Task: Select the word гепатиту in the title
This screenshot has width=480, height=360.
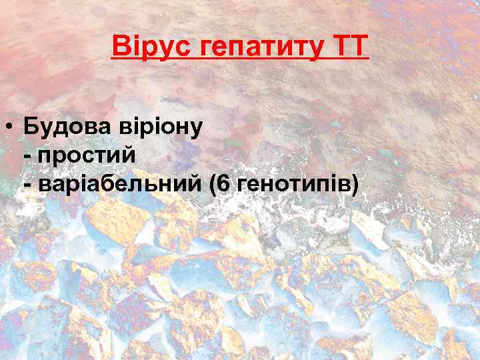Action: [x=253, y=47]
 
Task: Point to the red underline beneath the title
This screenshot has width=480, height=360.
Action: [x=239, y=61]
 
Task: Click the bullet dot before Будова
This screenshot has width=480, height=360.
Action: [x=10, y=126]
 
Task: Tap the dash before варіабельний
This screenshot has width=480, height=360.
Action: [x=27, y=184]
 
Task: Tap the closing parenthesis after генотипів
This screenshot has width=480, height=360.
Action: [x=353, y=184]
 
